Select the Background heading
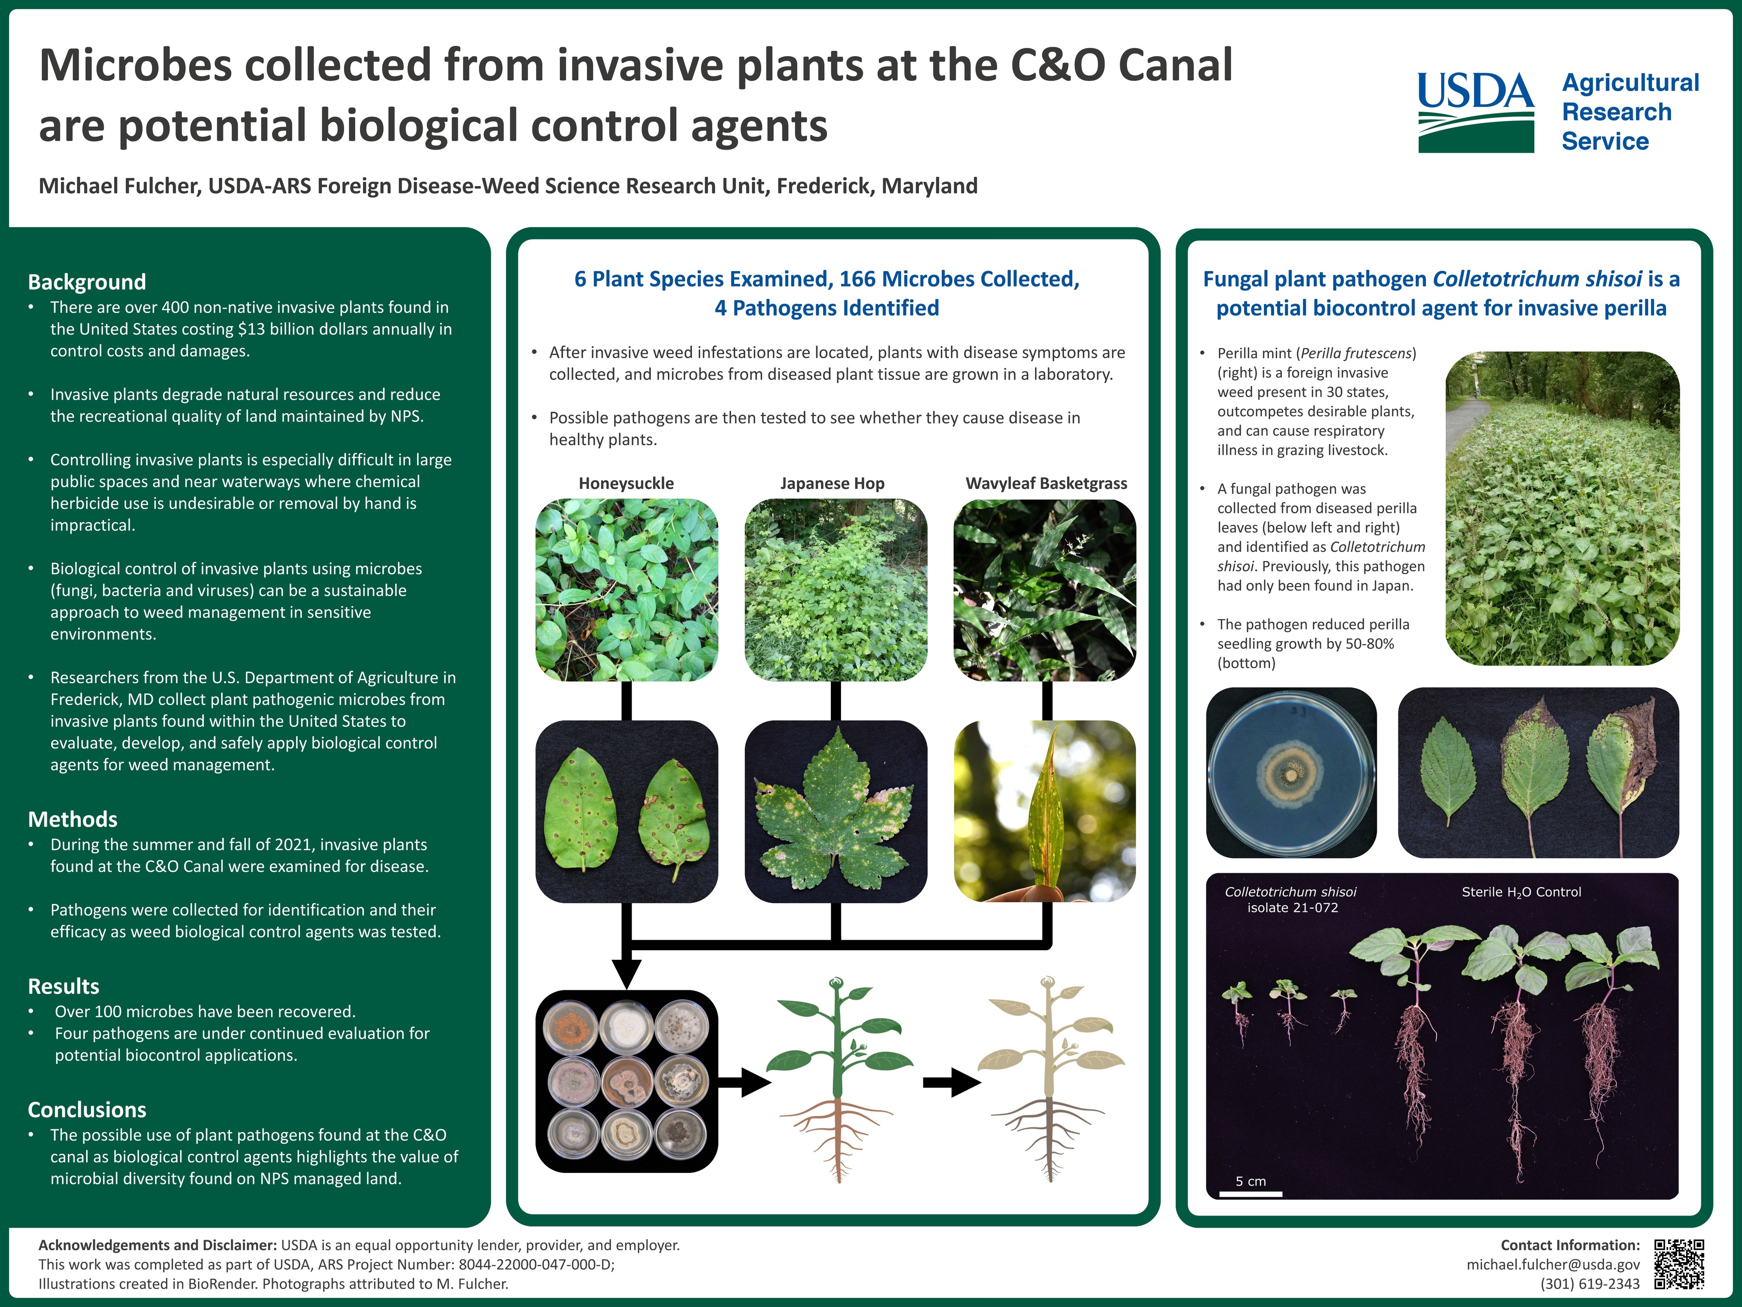tap(87, 282)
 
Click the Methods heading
tap(73, 820)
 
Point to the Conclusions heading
tap(87, 1110)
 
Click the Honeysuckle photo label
tap(626, 483)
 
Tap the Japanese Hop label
tap(832, 483)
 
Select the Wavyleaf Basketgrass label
tap(1047, 483)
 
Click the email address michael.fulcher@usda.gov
tap(1553, 1264)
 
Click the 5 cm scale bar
tap(1250, 1194)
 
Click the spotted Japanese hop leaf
tap(836, 814)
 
